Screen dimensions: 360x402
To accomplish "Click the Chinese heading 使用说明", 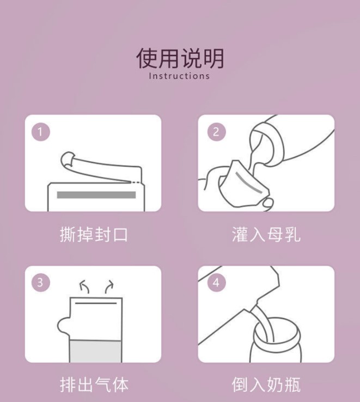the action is (180, 58).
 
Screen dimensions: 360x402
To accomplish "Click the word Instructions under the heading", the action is (180, 76).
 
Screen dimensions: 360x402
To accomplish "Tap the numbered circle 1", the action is (40, 132).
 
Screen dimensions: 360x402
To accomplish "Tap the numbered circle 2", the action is (216, 132).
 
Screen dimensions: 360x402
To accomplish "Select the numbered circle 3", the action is (40, 283).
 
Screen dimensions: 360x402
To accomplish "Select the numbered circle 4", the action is (216, 283).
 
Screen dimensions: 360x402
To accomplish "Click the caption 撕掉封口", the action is (94, 234).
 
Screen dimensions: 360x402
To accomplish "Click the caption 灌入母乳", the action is (266, 234).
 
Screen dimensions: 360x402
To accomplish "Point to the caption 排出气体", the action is (94, 385).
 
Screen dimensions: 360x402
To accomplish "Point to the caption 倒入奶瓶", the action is (266, 385).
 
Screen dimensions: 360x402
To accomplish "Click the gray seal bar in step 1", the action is (96, 195).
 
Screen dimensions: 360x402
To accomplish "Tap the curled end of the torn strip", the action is (68, 159).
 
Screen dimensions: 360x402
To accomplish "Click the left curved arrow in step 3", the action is (84, 286).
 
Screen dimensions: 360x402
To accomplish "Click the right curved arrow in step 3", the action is (109, 286).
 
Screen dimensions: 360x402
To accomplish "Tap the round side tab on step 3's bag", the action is (63, 326).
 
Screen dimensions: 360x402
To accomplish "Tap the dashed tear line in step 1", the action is (136, 182).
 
